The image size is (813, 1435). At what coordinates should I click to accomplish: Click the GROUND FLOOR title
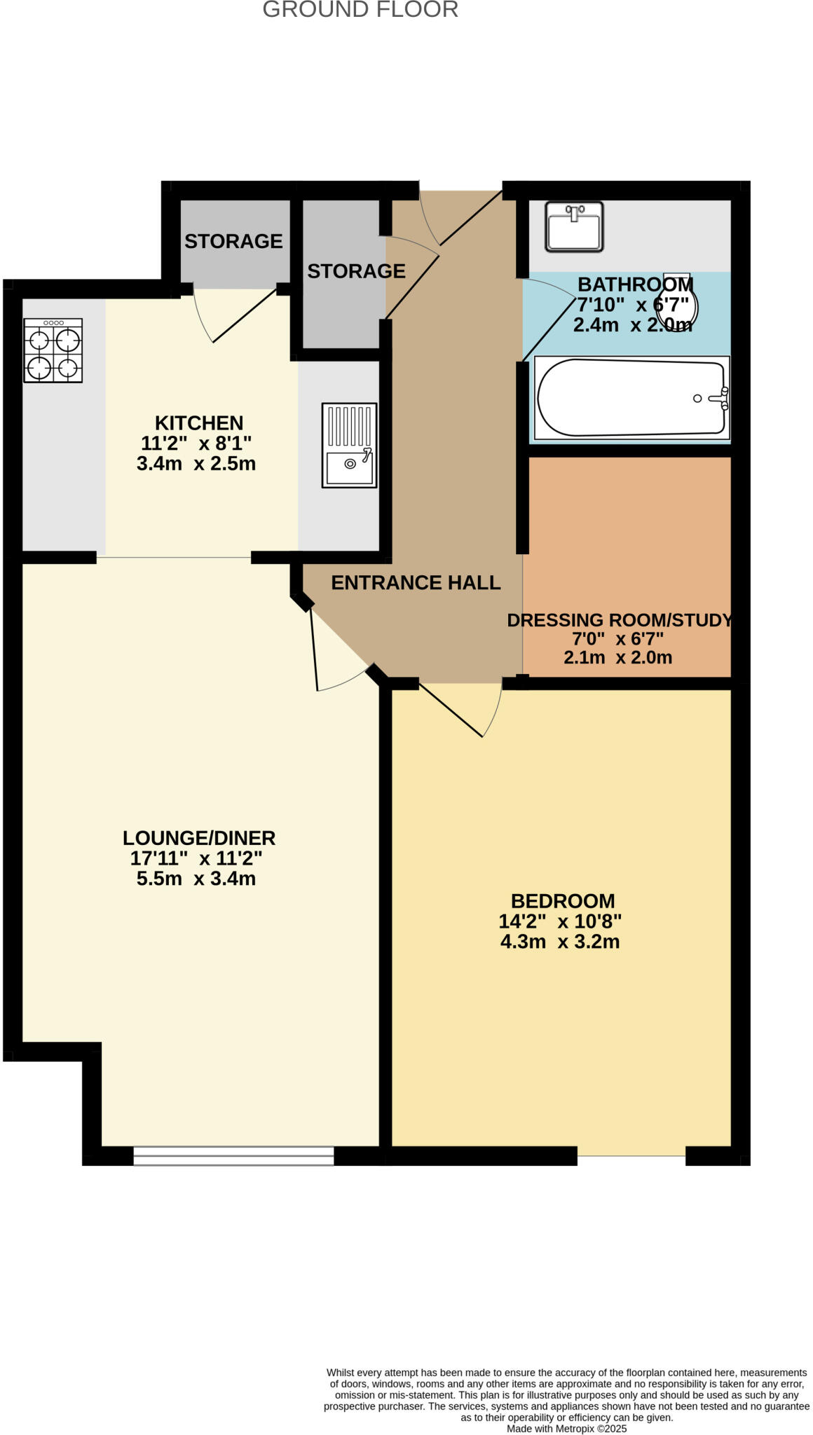(360, 10)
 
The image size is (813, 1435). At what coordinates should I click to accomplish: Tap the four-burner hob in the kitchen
(53, 350)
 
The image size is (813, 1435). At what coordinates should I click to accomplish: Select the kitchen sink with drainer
(349, 445)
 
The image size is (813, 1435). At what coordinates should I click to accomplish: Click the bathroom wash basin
(574, 226)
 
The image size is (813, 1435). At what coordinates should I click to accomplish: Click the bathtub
(631, 398)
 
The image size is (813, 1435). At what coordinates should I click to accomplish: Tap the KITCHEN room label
(199, 423)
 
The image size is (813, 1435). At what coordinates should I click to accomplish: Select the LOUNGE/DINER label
(199, 838)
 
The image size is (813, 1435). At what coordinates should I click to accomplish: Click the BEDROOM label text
(563, 901)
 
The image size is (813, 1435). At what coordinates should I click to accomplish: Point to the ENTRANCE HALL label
(416, 583)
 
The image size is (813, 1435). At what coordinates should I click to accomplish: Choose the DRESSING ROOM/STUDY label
(620, 620)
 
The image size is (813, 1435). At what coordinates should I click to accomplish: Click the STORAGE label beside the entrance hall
(356, 271)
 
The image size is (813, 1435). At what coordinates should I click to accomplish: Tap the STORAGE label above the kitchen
(233, 241)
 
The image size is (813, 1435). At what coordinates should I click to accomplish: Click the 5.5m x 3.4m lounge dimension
(196, 879)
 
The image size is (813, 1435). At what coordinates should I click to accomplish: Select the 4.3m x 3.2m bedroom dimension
(560, 942)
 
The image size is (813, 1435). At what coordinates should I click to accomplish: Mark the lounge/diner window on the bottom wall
(233, 1155)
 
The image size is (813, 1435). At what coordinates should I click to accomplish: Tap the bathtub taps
(722, 398)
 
